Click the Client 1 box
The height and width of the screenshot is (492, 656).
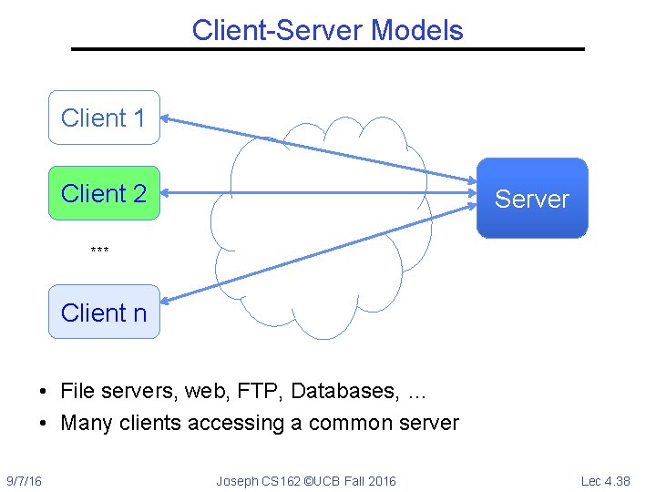[x=104, y=118]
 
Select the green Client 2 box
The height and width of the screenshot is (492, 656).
[x=104, y=193]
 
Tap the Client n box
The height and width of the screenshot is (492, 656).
[x=104, y=312]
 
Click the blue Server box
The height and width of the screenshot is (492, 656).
[x=532, y=199]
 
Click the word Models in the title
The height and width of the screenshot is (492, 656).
[x=416, y=30]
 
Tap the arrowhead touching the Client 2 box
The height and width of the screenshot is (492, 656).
[x=169, y=193]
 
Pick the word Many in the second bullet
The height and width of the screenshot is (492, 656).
[x=84, y=423]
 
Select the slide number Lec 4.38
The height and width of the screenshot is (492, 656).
[x=605, y=480]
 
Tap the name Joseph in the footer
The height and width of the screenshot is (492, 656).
[x=237, y=480]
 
